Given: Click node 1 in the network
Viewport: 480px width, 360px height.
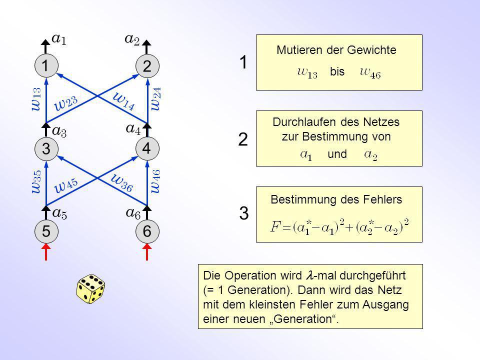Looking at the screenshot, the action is [x=46, y=66].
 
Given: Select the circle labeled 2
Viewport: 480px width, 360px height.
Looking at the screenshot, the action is [x=147, y=66].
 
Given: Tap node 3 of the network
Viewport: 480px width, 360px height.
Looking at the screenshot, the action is [x=46, y=149].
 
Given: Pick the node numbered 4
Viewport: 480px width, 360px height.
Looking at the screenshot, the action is [x=147, y=149].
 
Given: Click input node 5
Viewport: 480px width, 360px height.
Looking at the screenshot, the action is [x=46, y=231].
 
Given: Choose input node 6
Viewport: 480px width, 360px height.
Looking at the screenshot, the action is [x=147, y=231].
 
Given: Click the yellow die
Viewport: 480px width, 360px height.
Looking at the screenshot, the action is [x=90, y=289].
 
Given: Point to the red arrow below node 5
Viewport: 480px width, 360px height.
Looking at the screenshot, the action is [x=46, y=252].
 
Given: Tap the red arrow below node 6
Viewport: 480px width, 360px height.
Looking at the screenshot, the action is [x=147, y=252].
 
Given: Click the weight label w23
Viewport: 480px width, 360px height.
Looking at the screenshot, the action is [x=66, y=103].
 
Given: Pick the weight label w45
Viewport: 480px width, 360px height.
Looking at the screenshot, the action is [x=66, y=185].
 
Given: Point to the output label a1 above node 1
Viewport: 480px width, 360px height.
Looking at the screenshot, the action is [x=59, y=39].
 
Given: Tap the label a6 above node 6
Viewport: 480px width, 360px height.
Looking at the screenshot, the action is [x=133, y=213].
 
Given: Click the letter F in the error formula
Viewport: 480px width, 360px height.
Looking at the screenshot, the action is [x=274, y=227].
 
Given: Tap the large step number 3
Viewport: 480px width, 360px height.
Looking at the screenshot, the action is [x=244, y=213].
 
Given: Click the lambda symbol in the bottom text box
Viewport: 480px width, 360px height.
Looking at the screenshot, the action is [x=309, y=275].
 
